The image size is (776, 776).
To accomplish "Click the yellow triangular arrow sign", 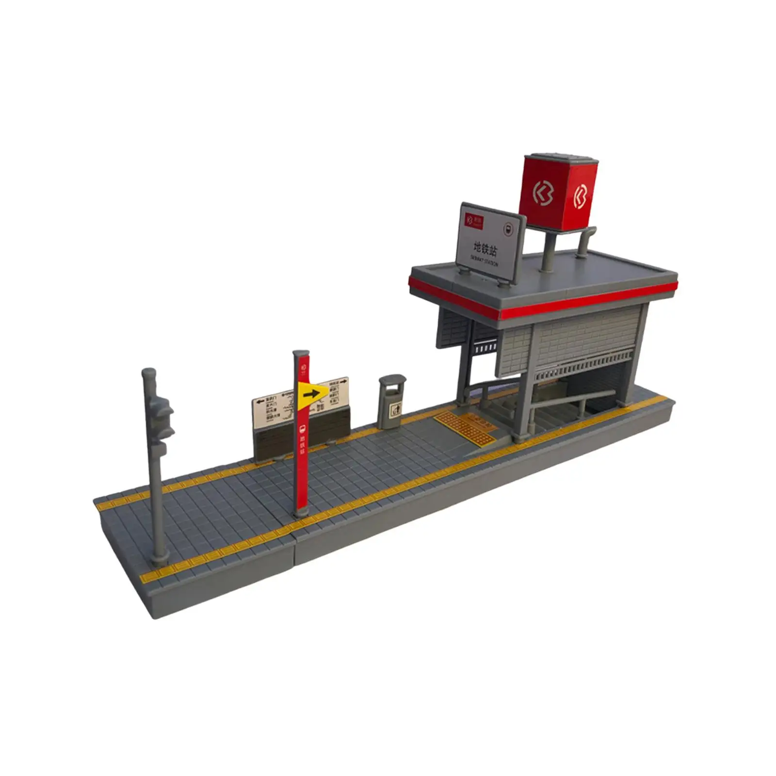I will click(x=311, y=394).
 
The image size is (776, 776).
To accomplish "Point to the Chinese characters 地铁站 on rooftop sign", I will click(x=485, y=249).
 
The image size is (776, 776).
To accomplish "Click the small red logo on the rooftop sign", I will click(x=469, y=220).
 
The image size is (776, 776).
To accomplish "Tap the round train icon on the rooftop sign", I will click(x=508, y=229).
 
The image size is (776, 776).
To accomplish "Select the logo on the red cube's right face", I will click(x=580, y=196).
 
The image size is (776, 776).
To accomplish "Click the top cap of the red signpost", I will click(x=301, y=353).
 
